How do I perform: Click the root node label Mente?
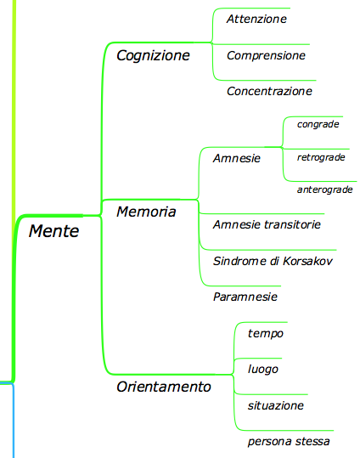click(x=54, y=231)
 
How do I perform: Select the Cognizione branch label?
click(x=153, y=55)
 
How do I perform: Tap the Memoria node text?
click(x=146, y=212)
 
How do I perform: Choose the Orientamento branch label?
click(x=164, y=387)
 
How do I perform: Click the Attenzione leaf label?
click(x=256, y=19)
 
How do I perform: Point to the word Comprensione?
click(x=266, y=56)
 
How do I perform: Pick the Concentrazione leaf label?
click(x=269, y=91)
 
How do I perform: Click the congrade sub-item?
click(x=318, y=124)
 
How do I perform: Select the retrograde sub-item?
click(x=321, y=157)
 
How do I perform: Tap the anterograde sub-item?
click(x=325, y=189)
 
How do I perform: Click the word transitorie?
click(x=292, y=224)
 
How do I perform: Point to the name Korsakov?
click(x=307, y=261)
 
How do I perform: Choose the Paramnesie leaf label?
click(x=245, y=297)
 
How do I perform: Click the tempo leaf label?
click(x=266, y=334)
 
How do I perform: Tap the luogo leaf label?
click(x=263, y=369)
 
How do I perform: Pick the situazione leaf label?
click(x=276, y=405)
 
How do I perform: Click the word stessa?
click(x=312, y=441)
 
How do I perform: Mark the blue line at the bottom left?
click(x=13, y=420)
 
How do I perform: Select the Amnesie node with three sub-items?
click(x=237, y=158)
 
